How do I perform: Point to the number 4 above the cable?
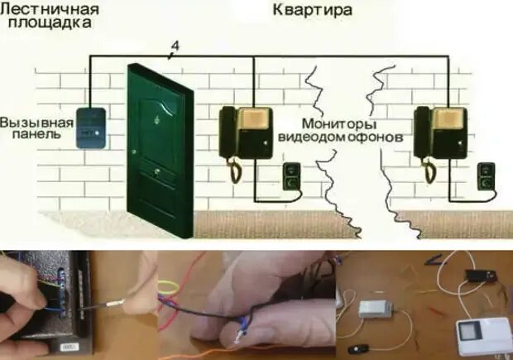tap(171, 46)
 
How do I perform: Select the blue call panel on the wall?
tap(89, 127)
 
